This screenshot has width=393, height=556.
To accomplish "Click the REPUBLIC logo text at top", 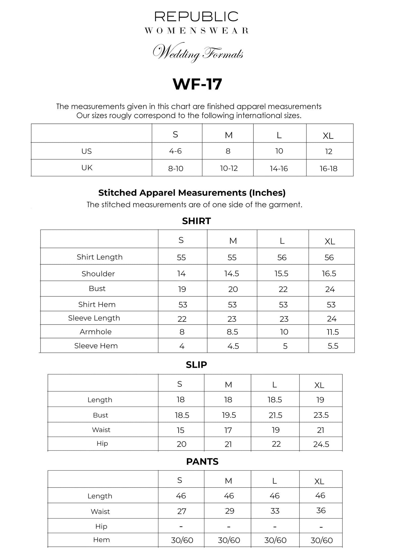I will [196, 17].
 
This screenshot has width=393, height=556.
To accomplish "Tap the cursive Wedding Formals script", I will [198, 52].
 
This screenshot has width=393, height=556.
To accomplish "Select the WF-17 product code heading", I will [197, 84].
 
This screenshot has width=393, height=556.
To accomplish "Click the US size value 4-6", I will [175, 151].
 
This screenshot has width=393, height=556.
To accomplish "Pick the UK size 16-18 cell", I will [329, 169].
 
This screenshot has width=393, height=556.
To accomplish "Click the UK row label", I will [87, 168].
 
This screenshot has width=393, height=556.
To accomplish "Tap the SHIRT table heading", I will [196, 221].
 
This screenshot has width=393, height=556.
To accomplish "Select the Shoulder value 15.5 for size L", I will [281, 273].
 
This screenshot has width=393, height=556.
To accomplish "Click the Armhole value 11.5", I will [333, 332].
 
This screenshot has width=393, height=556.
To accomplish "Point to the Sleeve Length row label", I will [94, 318].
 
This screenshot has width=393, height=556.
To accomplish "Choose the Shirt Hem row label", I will [97, 304].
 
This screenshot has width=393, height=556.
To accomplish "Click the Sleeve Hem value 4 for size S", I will [182, 346].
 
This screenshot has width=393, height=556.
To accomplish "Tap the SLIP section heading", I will [196, 365].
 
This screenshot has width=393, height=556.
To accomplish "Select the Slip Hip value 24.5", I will [321, 444].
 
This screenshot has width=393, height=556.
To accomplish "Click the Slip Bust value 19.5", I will [229, 415].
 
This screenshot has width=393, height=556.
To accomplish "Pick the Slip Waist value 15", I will [181, 430].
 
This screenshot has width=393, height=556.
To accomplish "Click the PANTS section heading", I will [202, 462].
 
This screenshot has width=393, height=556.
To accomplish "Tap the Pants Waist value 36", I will [321, 511].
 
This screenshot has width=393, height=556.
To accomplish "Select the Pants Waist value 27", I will [182, 511].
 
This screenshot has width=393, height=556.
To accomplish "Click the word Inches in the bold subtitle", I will [267, 193].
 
